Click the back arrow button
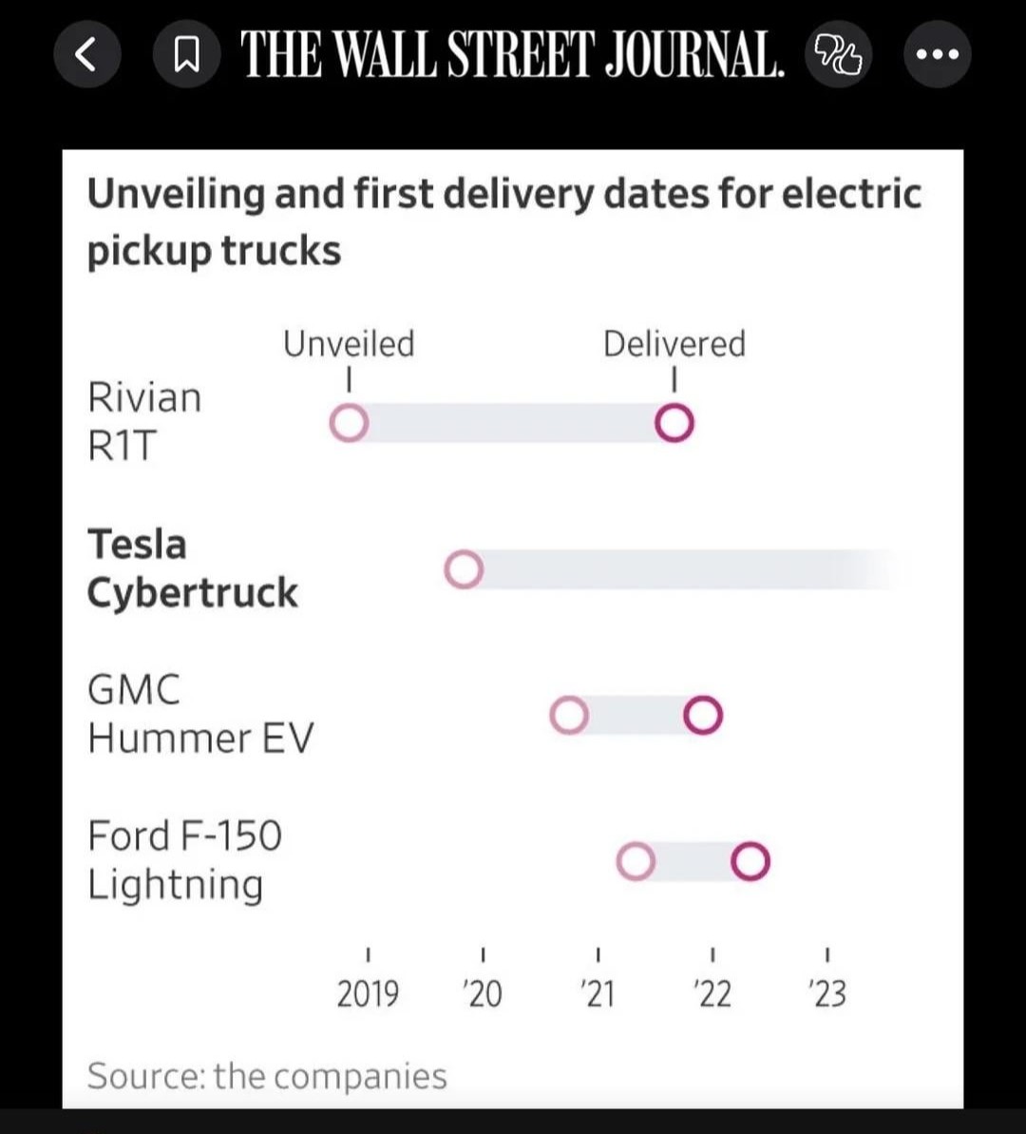point(85,55)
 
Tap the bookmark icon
point(186,55)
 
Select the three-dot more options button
point(936,55)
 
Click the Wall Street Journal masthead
point(512,55)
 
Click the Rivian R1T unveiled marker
point(349,424)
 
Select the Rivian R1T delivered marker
point(674,424)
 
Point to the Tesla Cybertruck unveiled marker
point(464,570)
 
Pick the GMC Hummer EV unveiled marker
point(569,716)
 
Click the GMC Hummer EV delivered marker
point(703,716)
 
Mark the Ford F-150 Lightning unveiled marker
point(636,862)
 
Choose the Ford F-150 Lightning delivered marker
point(750,862)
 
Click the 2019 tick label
point(368,994)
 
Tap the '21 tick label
point(598,994)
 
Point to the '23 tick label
point(827,994)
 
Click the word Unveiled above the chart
point(349,344)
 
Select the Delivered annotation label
point(674,344)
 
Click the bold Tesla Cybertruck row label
point(192,568)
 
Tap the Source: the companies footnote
point(267,1076)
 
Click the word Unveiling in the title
point(176,194)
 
